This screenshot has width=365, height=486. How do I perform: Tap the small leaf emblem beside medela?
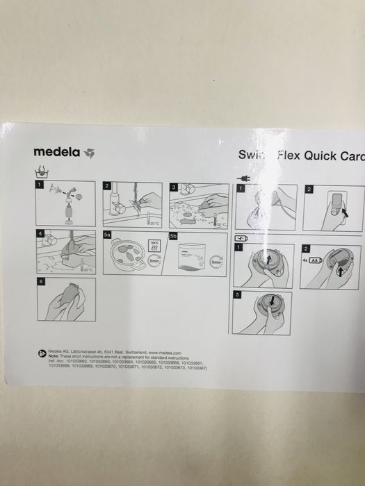(x=89, y=152)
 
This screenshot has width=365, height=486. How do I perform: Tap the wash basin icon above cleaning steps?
(x=41, y=174)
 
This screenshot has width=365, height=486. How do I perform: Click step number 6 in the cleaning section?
(x=41, y=282)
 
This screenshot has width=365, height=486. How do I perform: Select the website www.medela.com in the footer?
(x=165, y=353)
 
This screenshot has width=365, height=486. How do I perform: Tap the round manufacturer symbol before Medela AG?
(x=41, y=353)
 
